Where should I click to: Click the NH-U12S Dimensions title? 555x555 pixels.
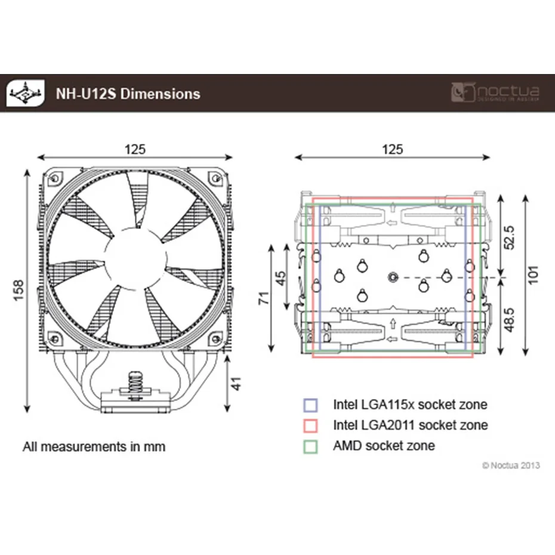[x=128, y=94]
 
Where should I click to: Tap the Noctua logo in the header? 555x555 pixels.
[x=495, y=93]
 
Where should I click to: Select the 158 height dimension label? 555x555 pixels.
[x=18, y=290]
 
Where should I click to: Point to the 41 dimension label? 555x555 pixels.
[x=236, y=383]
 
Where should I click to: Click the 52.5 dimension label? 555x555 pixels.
[x=510, y=237]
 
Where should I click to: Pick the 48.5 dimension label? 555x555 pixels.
[x=510, y=320]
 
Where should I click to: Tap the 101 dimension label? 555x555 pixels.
[x=533, y=275]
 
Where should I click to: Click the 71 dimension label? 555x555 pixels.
[x=264, y=298]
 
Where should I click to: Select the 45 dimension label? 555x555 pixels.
[x=280, y=278]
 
